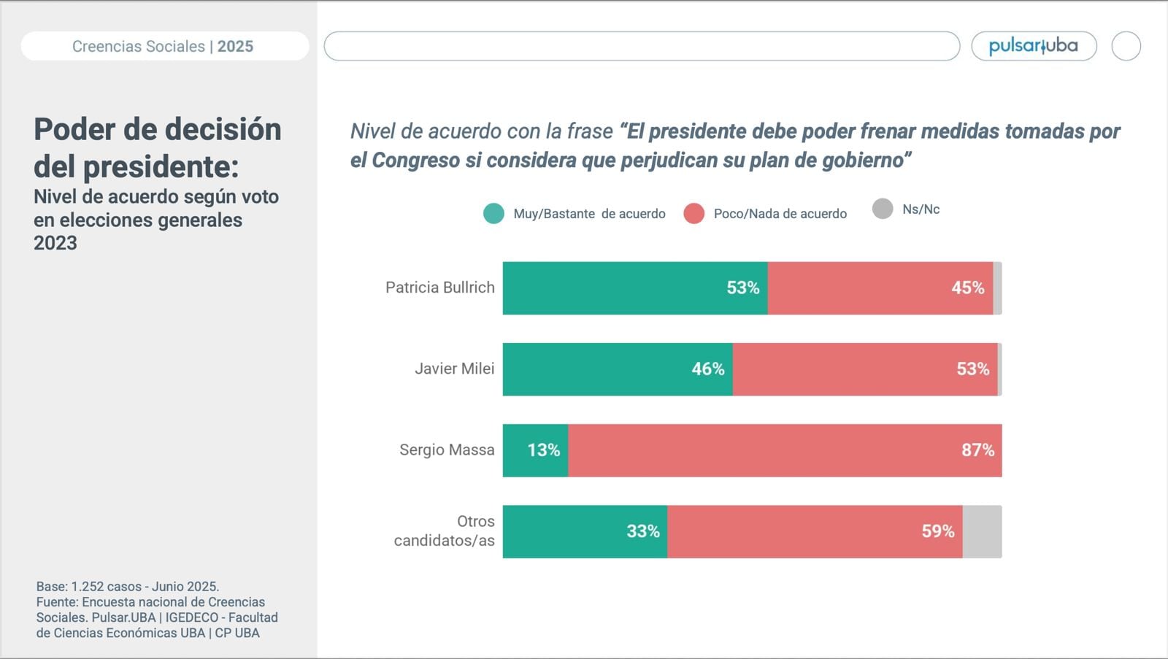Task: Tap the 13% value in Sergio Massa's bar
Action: point(544,450)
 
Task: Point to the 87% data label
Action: point(977,450)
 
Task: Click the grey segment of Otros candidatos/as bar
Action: point(982,532)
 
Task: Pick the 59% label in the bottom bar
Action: point(937,531)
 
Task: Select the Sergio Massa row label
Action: point(447,450)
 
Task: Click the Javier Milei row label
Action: point(454,369)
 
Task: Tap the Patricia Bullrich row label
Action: point(439,288)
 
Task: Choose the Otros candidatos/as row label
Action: point(445,531)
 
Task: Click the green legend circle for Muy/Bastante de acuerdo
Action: point(493,214)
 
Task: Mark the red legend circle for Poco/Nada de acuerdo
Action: point(693,214)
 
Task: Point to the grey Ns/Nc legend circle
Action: point(883,209)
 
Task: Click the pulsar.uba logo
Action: point(1033,46)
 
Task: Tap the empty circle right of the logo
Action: point(1126,46)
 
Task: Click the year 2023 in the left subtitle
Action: point(55,243)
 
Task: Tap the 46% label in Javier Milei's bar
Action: point(707,369)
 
